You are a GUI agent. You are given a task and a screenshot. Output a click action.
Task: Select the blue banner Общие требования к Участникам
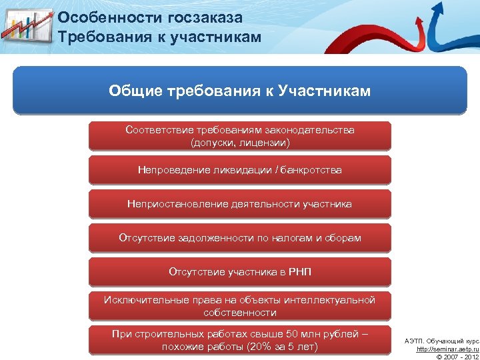click(x=239, y=90)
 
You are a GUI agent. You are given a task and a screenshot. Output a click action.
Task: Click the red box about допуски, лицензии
click(x=239, y=136)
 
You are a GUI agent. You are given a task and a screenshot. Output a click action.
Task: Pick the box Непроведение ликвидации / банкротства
click(x=239, y=170)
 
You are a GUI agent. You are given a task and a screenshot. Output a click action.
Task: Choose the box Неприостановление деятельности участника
click(x=239, y=204)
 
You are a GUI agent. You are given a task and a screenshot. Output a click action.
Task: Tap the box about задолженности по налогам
click(x=239, y=238)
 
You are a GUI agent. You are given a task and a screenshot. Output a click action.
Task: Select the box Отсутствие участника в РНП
click(x=239, y=272)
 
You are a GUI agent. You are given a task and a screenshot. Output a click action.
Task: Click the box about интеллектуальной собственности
click(x=239, y=306)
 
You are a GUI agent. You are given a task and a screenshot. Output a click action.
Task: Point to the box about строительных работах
click(x=239, y=340)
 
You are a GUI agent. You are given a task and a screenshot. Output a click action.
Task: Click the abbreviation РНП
click(x=299, y=272)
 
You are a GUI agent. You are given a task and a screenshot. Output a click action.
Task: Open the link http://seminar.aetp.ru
click(x=447, y=349)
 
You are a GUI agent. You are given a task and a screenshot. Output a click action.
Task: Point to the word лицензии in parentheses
click(x=266, y=143)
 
